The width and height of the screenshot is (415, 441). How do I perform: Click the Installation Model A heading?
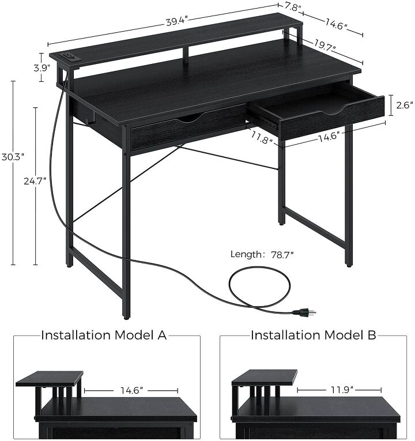click(x=104, y=335)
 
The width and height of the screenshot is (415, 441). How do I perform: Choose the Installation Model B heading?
click(x=314, y=335)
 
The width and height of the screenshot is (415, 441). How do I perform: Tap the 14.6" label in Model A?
click(x=131, y=390)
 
